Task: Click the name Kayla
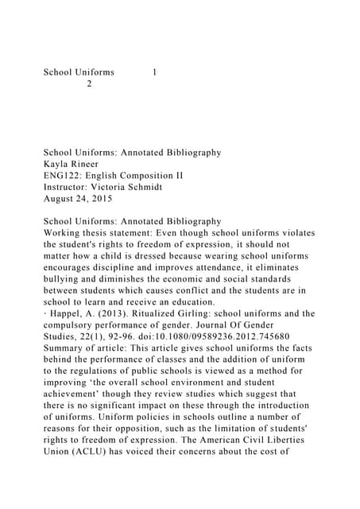(56, 165)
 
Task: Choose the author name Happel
(67, 313)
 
